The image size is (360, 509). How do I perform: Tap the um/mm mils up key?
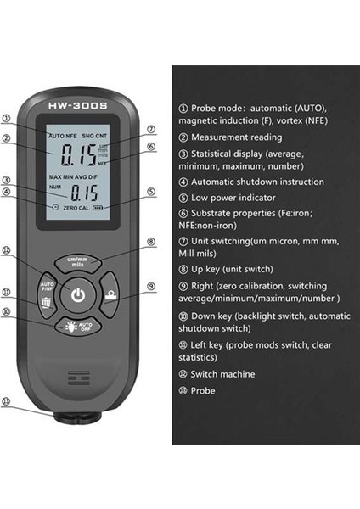pyautogui.click(x=78, y=262)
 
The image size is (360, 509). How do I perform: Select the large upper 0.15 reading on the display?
pyautogui.click(x=77, y=154)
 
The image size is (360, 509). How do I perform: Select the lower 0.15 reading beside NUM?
pyautogui.click(x=85, y=192)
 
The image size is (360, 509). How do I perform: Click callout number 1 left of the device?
pyautogui.click(x=7, y=119)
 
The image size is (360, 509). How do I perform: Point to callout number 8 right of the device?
pyautogui.click(x=150, y=241)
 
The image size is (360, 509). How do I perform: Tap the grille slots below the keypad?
pyautogui.click(x=78, y=374)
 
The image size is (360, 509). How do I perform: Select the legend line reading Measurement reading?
pyautogui.click(x=229, y=137)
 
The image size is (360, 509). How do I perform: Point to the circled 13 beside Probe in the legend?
pyautogui.click(x=183, y=391)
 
